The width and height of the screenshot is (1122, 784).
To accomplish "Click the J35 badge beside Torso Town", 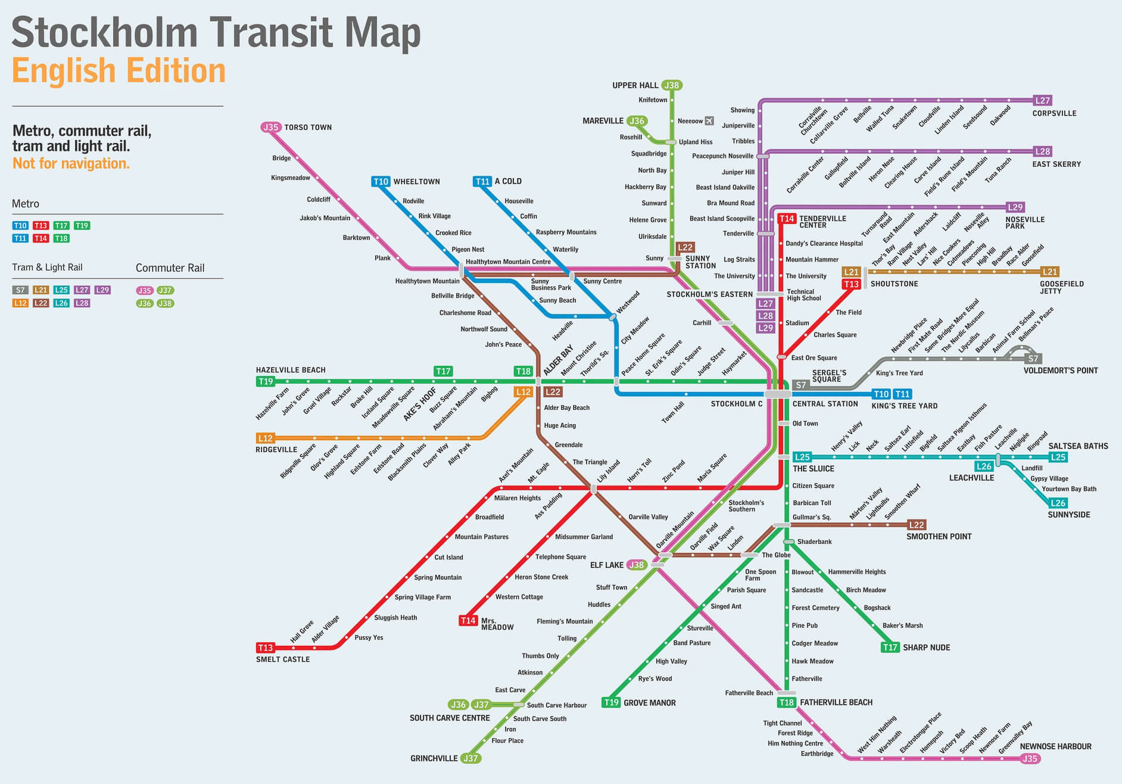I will point(270,127).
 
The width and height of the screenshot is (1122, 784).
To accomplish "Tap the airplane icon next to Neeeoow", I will point(709,121).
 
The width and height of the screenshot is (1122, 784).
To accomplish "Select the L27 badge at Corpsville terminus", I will point(1042,100).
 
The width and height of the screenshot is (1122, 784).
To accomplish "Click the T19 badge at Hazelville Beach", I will point(265,381).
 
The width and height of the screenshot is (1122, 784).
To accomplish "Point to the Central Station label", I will point(825,404).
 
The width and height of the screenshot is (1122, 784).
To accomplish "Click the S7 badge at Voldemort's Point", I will point(1033,359).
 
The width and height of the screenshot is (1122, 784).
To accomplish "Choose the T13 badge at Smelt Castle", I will point(265,648).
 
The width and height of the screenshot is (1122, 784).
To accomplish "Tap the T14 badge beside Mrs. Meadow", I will point(468,621).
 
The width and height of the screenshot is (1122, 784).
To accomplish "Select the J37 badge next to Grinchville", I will point(470,758).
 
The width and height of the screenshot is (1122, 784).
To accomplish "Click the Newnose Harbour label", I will point(1055,746).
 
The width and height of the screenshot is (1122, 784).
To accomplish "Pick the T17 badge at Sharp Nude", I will point(890,648).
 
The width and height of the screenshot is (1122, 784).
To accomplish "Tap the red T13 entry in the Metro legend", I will point(40,225).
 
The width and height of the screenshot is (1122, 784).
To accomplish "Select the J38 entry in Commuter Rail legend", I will point(165,303).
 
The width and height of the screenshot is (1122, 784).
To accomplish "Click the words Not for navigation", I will point(71,163).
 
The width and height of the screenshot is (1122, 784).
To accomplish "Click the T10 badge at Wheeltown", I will point(381,181).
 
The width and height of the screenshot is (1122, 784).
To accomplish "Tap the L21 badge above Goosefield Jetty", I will point(1049,272).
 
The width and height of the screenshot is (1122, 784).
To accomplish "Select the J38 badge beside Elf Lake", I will point(637,565).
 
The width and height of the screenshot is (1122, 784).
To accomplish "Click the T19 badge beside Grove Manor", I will point(611,702).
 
